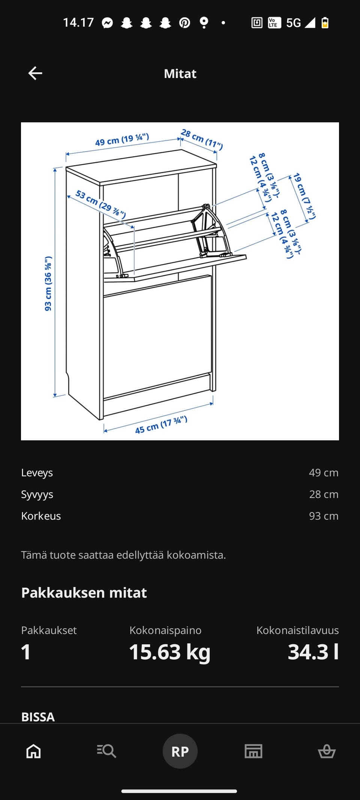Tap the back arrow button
coord(35,73)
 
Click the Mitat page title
coord(180,74)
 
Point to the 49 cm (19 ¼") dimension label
coord(122,140)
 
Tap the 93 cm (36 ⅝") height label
coord(48,284)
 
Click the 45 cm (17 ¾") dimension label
coord(161,425)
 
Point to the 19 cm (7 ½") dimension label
coord(304,196)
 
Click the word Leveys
coord(37,473)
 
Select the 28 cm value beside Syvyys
coord(324,494)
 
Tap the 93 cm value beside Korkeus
coord(324,516)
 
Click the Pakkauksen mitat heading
coord(84,593)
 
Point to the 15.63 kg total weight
coord(169,652)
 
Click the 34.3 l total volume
coord(313,652)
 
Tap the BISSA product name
coord(38,717)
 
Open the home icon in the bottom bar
coord(33,751)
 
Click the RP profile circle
coord(180,751)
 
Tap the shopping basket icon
coord(327,751)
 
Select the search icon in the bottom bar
coord(106,751)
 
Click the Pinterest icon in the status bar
coord(184,23)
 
